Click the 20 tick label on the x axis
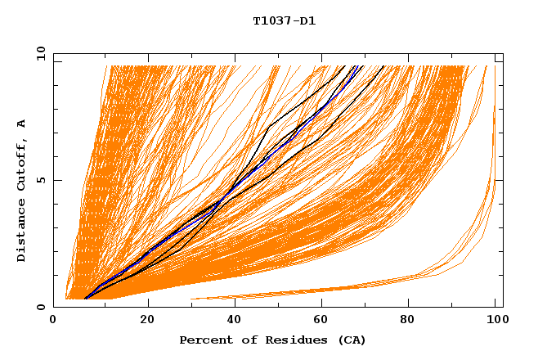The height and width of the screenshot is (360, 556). click(x=147, y=320)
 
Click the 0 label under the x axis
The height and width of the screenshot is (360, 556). click(x=54, y=320)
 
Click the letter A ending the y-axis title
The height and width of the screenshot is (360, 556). click(x=22, y=123)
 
